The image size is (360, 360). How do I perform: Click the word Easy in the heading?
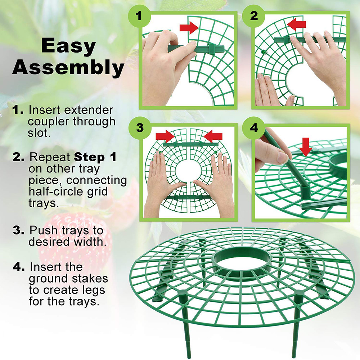point(68,47)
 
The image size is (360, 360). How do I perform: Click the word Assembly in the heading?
point(68,68)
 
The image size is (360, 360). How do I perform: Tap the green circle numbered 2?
point(254,15)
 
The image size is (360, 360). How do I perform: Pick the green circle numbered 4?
point(254,128)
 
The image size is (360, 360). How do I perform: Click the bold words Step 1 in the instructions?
point(95,158)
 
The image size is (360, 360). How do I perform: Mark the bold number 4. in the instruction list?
point(19,267)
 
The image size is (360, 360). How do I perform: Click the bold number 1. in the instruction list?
point(19,110)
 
